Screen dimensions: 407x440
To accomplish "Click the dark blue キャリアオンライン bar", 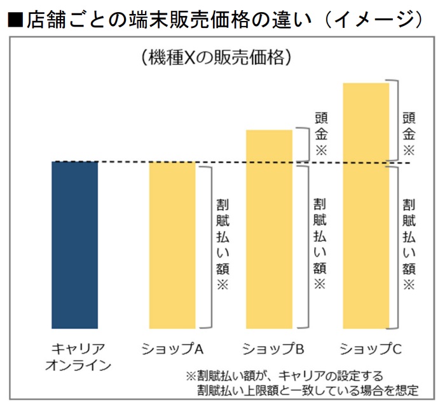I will pyautogui.click(x=75, y=244).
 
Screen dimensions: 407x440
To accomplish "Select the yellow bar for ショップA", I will pyautogui.click(x=172, y=244).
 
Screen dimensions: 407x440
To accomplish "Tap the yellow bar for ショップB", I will pyautogui.click(x=268, y=229).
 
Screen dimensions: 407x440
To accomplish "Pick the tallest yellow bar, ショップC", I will pyautogui.click(x=366, y=203).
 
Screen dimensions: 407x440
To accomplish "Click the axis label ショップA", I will pyautogui.click(x=172, y=349).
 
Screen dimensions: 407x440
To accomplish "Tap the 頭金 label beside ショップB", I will pyautogui.click(x=320, y=134).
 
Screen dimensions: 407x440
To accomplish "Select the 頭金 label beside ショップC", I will pyautogui.click(x=409, y=134).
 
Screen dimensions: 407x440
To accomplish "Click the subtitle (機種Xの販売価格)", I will pyautogui.click(x=217, y=57).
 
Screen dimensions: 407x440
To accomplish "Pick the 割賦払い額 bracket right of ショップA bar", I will pyautogui.click(x=204, y=244).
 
